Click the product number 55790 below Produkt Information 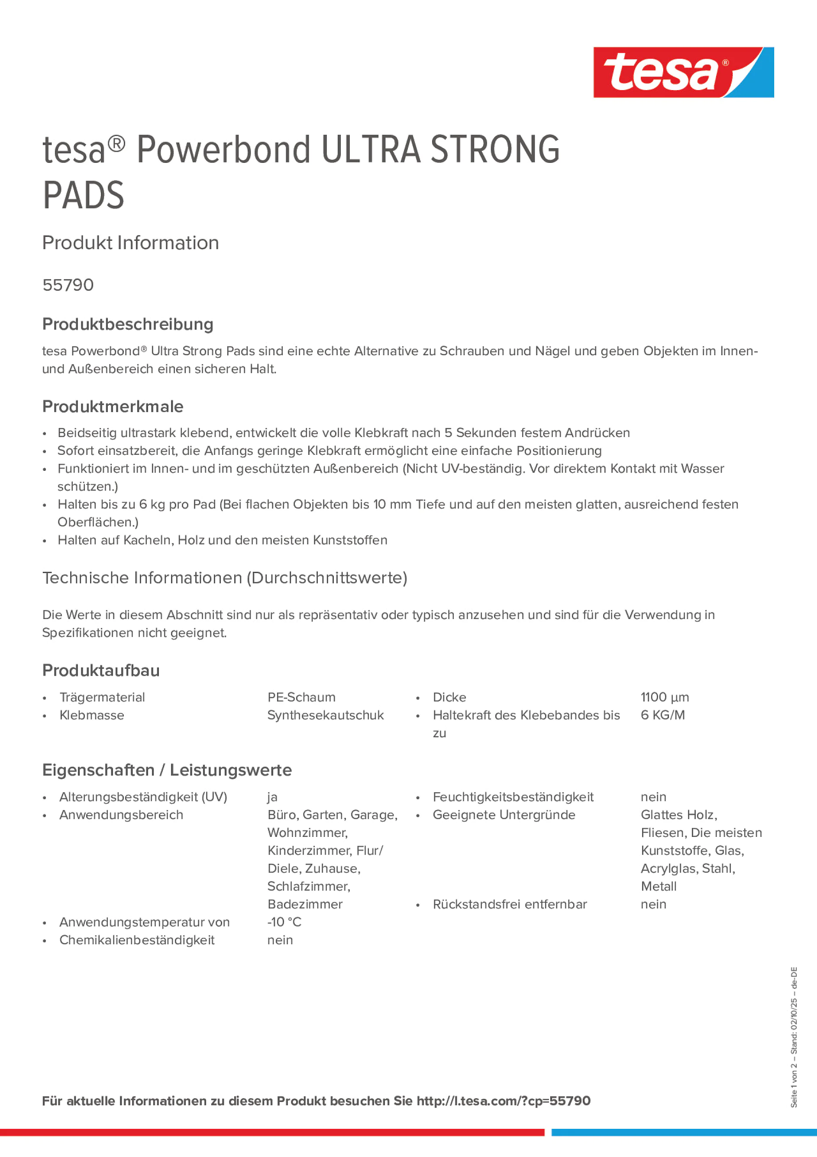point(68,285)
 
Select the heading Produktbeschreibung point(127,324)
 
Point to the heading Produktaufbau point(101,671)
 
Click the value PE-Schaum point(301,697)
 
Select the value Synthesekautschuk point(326,715)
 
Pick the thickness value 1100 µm point(664,697)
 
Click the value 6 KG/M point(662,715)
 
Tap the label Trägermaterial point(102,697)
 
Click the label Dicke point(449,697)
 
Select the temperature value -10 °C point(284,922)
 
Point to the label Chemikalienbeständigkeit point(136,940)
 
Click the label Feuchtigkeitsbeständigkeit point(513,797)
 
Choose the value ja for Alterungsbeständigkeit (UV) point(272,797)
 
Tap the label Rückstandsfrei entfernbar point(510,904)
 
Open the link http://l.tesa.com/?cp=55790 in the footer point(503,1101)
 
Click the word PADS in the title point(83,195)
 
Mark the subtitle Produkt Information point(130,243)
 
